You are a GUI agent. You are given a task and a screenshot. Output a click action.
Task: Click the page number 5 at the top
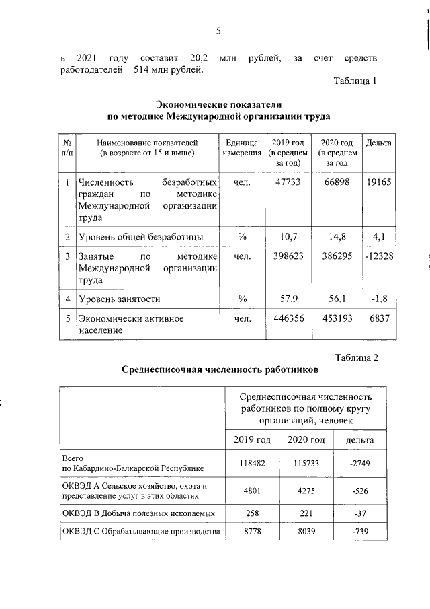click(x=219, y=30)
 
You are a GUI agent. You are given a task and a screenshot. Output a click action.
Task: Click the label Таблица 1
click(x=355, y=82)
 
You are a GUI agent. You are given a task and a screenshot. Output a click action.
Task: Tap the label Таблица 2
click(x=355, y=357)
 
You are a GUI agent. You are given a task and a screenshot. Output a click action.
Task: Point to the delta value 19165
click(x=378, y=183)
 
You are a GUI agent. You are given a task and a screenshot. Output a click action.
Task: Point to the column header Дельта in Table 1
click(x=378, y=143)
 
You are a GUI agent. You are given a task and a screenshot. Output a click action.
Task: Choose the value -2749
click(x=355, y=464)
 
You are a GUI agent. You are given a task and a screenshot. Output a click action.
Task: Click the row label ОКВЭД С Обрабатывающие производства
click(x=140, y=532)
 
